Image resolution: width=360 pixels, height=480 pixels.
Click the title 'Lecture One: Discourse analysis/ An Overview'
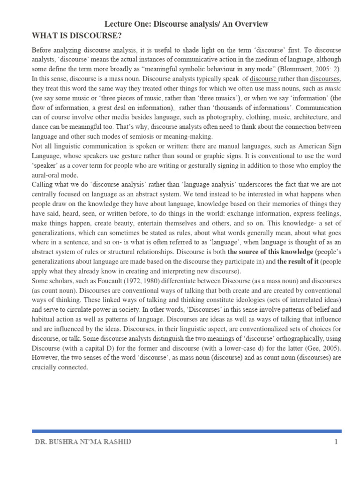pyautogui.click(x=186, y=24)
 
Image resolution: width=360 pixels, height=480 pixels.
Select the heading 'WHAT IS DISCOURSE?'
pyautogui.click(x=77, y=36)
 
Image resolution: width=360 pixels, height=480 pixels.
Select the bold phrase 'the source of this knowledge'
pyautogui.click(x=270, y=252)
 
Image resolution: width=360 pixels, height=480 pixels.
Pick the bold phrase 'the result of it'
pyautogui.click(x=300, y=262)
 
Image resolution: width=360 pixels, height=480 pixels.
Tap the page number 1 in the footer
pyautogui.click(x=336, y=442)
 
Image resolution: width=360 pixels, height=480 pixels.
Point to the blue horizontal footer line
pyautogui.click(x=186, y=431)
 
